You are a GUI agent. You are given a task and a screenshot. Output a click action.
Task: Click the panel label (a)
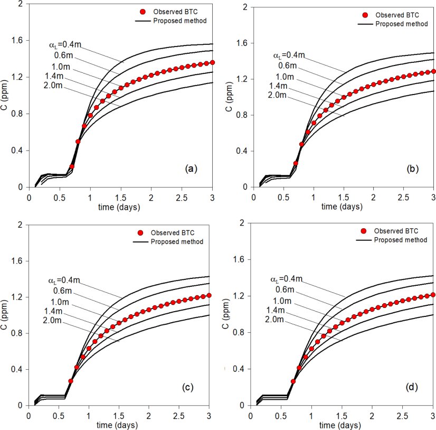(191, 169)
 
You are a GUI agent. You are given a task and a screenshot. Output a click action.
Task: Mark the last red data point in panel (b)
(433, 71)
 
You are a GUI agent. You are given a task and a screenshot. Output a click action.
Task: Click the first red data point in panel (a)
(72, 166)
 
